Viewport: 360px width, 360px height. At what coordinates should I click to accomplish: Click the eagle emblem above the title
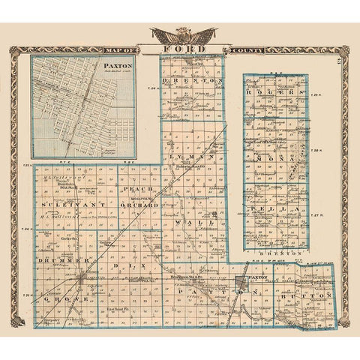point(183,34)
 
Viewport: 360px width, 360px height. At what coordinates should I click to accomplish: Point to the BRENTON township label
point(194,80)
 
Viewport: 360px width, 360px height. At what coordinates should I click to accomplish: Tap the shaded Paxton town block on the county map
point(239,284)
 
